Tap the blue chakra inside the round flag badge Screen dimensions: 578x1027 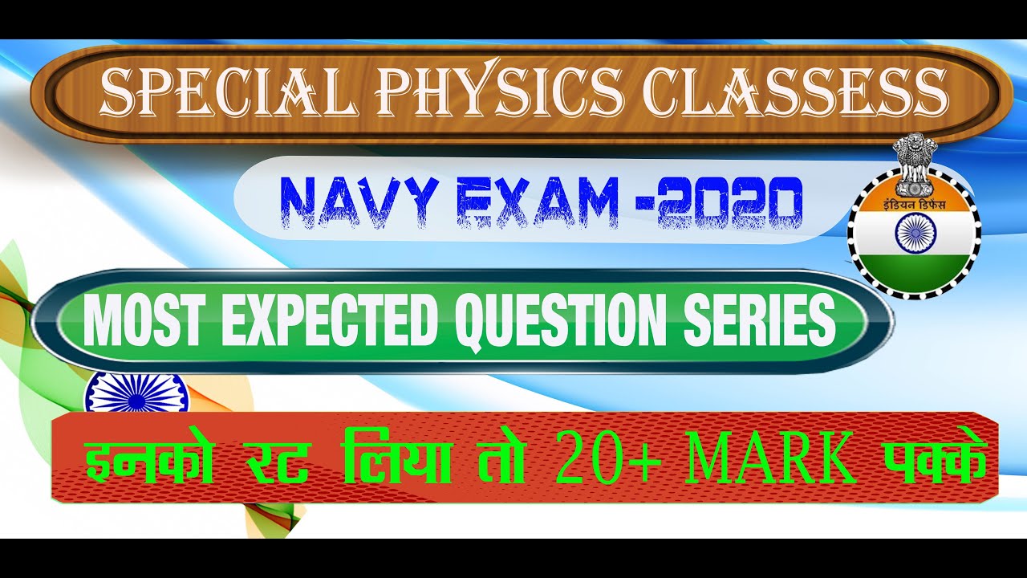click(913, 237)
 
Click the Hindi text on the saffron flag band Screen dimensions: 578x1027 click(912, 204)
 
